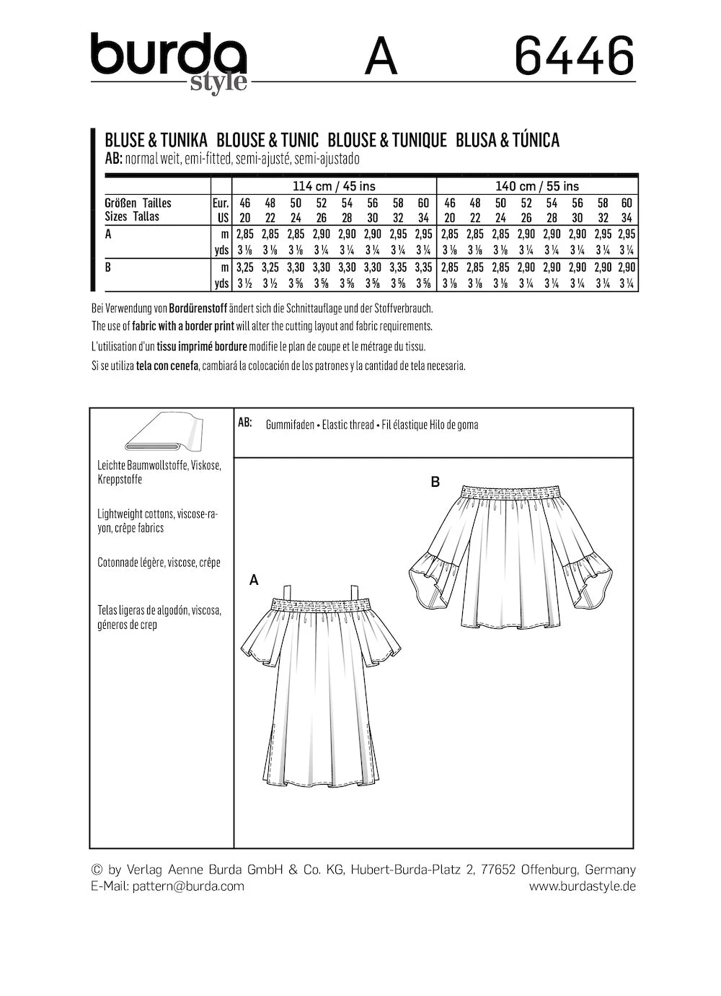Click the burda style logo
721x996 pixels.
[x=169, y=62]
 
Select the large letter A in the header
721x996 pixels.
[x=381, y=57]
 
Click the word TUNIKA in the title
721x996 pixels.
[x=184, y=140]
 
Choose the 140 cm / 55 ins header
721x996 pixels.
[x=537, y=186]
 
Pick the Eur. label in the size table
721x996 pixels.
[x=221, y=203]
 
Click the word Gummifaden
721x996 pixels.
[x=290, y=425]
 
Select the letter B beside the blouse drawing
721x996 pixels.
[x=435, y=482]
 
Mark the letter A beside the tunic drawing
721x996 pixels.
[x=254, y=579]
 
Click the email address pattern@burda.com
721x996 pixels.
[x=188, y=886]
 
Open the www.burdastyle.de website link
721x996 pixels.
[x=582, y=886]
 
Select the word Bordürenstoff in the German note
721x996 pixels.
[x=198, y=308]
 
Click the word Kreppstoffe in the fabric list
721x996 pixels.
[x=120, y=480]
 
